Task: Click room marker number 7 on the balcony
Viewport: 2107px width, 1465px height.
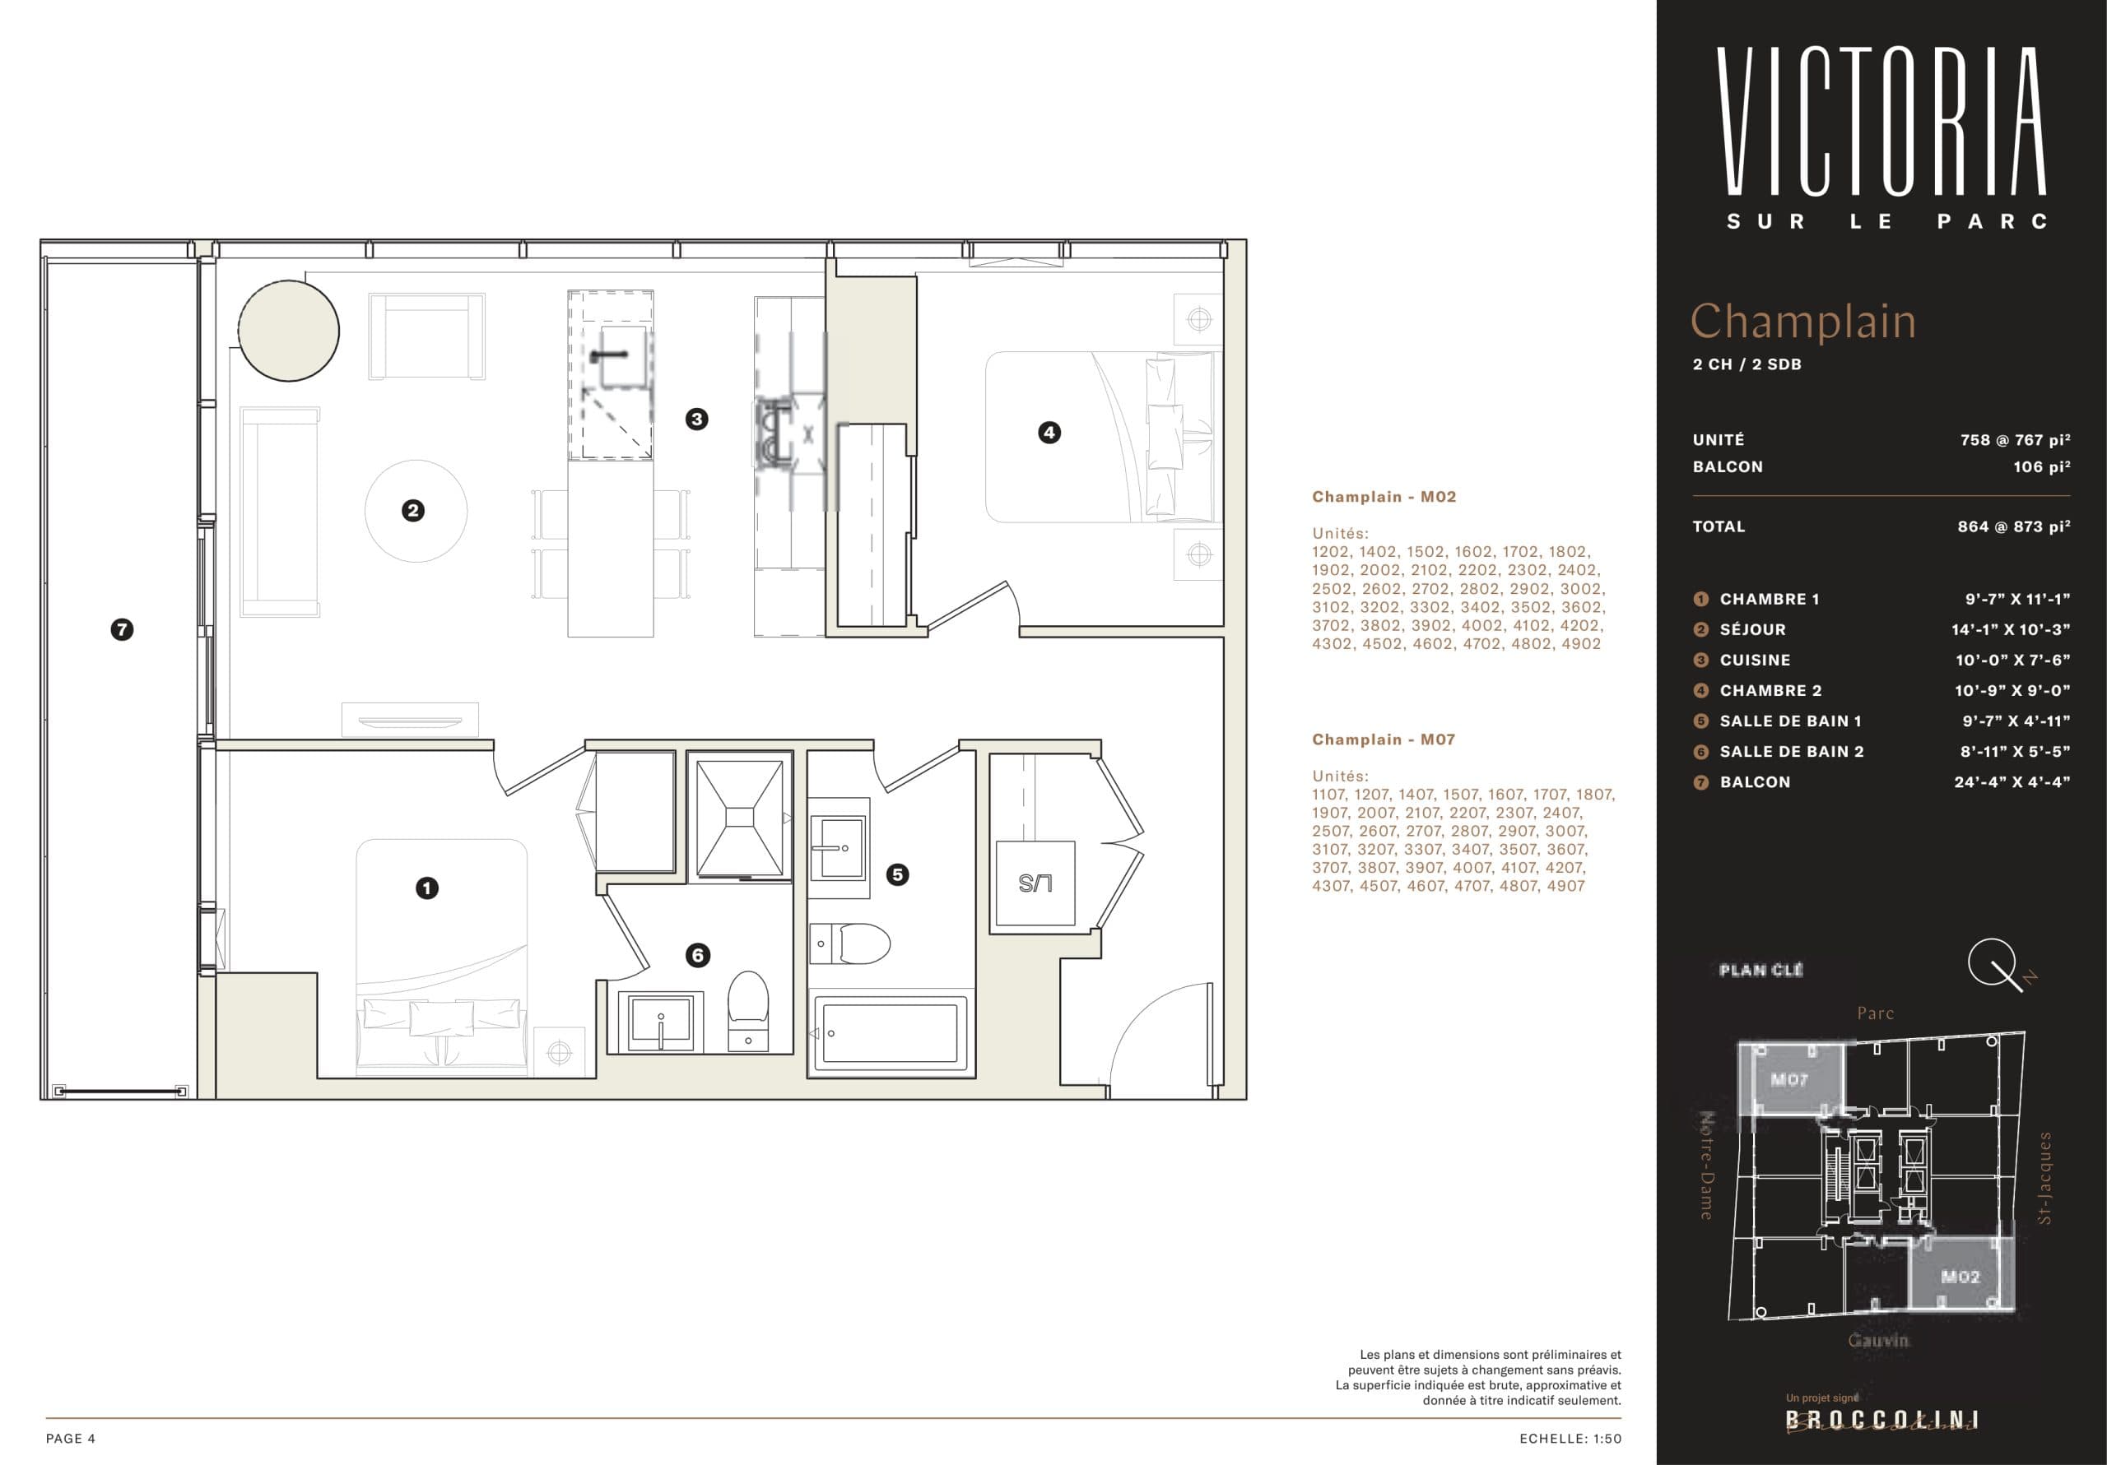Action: [122, 630]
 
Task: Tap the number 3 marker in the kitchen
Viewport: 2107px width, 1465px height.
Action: [696, 420]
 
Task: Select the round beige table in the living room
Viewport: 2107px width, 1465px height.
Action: [288, 330]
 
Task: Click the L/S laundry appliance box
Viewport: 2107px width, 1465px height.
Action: [1036, 883]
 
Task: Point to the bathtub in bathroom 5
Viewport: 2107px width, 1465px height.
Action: [888, 1033]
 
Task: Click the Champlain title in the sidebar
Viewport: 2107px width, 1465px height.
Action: [1802, 321]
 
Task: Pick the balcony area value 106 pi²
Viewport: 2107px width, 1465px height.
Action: [2041, 467]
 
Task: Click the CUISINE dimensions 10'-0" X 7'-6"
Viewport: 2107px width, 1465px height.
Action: [2012, 661]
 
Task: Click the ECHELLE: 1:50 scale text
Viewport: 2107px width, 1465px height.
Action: [1570, 1439]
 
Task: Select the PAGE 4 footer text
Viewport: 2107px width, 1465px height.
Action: [71, 1439]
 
